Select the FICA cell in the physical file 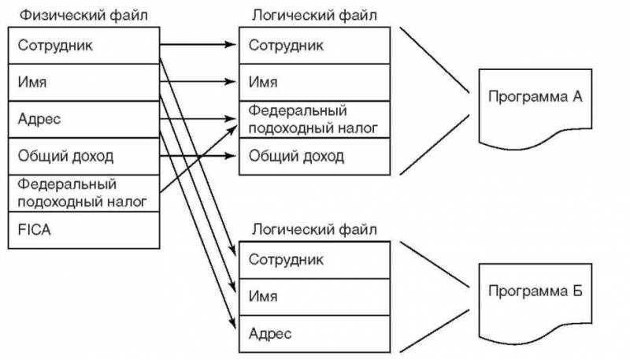[x=83, y=232]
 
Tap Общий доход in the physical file [x=83, y=156]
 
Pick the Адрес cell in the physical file [x=83, y=119]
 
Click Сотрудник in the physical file [x=83, y=45]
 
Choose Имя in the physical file [x=83, y=82]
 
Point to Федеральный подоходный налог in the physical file [x=83, y=194]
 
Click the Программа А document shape [x=535, y=102]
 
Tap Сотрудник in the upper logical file [x=315, y=45]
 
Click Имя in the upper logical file [x=315, y=82]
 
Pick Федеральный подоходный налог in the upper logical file [x=315, y=119]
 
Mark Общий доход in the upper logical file [x=315, y=156]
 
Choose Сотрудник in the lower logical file [x=315, y=258]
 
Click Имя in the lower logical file [x=315, y=295]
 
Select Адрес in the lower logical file [x=315, y=333]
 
